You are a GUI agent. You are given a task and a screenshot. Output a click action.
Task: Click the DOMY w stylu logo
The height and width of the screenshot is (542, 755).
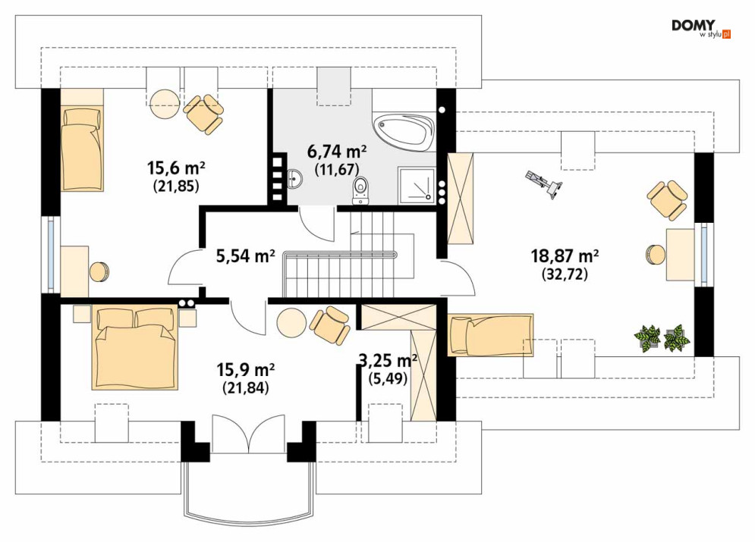click(x=701, y=29)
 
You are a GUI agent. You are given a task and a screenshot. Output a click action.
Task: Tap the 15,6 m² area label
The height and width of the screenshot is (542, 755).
click(x=176, y=168)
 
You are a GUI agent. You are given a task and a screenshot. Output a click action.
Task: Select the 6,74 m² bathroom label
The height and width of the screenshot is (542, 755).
click(x=337, y=152)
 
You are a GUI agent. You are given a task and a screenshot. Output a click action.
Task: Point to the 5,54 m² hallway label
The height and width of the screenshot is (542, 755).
click(x=246, y=256)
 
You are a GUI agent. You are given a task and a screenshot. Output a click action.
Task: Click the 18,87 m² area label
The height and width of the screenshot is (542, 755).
click(x=565, y=255)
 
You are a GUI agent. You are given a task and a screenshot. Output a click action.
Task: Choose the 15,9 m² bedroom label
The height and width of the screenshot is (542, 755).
click(x=246, y=370)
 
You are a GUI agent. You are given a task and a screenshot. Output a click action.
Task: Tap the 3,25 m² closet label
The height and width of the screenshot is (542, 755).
click(x=388, y=360)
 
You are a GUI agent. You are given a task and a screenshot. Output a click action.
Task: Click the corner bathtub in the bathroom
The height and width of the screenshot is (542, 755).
click(x=404, y=130)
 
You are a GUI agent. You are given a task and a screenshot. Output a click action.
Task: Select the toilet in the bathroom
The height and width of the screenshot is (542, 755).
click(x=360, y=190)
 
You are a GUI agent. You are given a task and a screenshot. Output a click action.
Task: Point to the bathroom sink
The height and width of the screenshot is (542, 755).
click(x=294, y=178)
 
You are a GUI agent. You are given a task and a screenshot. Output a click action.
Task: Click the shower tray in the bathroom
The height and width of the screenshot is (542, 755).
click(x=417, y=185)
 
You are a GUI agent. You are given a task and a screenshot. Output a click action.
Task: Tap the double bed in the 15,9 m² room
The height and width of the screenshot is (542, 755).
click(x=135, y=347)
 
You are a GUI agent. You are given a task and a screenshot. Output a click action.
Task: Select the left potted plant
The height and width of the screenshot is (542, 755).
click(x=647, y=337)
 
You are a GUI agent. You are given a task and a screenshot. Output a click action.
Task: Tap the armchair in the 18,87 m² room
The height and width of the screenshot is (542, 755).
click(x=667, y=200)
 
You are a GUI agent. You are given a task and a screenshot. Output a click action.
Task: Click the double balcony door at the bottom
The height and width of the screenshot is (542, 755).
click(x=248, y=434)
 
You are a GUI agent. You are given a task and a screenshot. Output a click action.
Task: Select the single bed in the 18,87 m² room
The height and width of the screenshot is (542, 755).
click(x=490, y=335)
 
